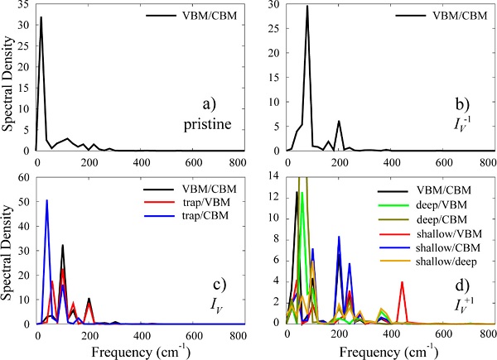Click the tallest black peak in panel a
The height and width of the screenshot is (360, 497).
pyautogui.click(x=41, y=18)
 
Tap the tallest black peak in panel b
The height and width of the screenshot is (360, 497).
pyautogui.click(x=307, y=7)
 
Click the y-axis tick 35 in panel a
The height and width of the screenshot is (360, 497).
pyautogui.click(x=25, y=5)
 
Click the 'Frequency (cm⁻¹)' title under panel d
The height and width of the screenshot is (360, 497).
pyautogui.click(x=384, y=348)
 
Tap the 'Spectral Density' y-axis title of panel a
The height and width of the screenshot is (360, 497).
pyautogui.click(x=8, y=79)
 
